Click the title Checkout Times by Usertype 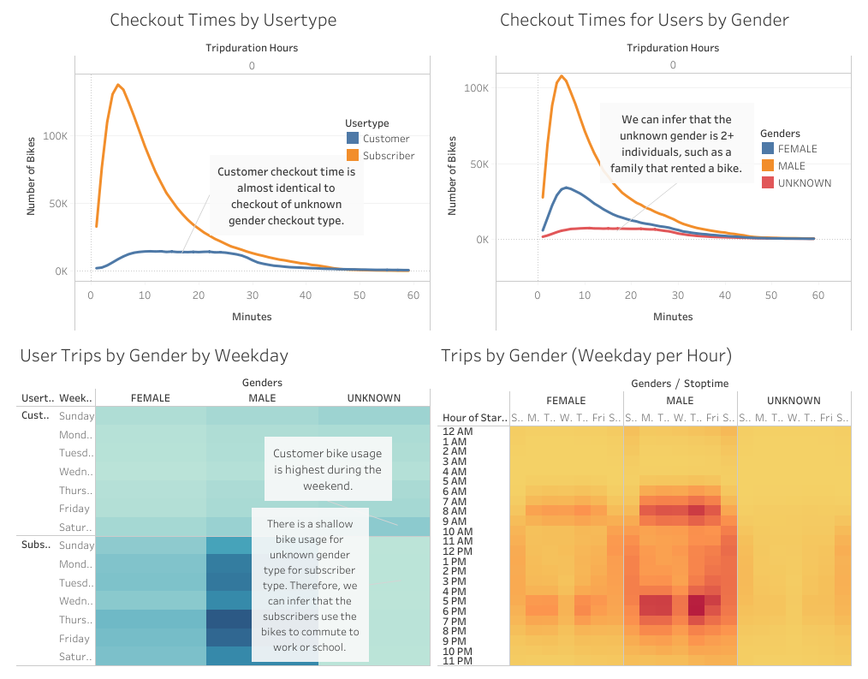pyautogui.click(x=223, y=20)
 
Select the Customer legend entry pyautogui.click(x=385, y=139)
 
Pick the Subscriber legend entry pyautogui.click(x=388, y=156)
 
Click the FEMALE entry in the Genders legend pyautogui.click(x=797, y=149)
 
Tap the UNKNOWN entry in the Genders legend pyautogui.click(x=804, y=183)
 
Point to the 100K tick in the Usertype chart pyautogui.click(x=56, y=136)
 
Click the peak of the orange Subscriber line pyautogui.click(x=118, y=85)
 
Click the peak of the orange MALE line pyautogui.click(x=562, y=75)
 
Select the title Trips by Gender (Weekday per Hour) pyautogui.click(x=586, y=355)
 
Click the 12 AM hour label pyautogui.click(x=456, y=431)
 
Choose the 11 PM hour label pyautogui.click(x=456, y=661)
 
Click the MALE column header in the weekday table pyautogui.click(x=262, y=397)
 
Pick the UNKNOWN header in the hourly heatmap pyautogui.click(x=794, y=400)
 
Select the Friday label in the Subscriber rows pyautogui.click(x=74, y=639)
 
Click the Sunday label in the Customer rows pyautogui.click(x=77, y=416)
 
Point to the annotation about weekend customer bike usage pyautogui.click(x=328, y=469)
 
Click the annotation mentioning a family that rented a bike pyautogui.click(x=675, y=144)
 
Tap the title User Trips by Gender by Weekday pyautogui.click(x=154, y=355)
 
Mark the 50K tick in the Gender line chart pyautogui.click(x=475, y=164)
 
